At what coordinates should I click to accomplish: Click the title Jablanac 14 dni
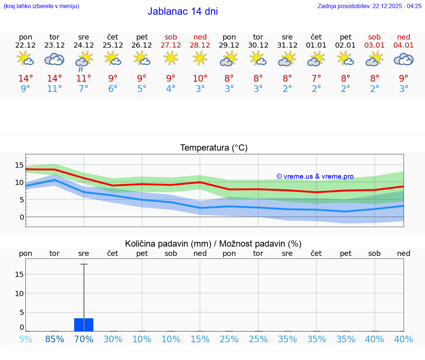click(x=183, y=11)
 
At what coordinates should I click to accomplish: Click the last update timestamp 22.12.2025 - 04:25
click(x=397, y=6)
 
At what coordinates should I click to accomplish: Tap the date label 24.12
click(x=83, y=45)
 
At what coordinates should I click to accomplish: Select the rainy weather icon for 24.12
click(x=84, y=61)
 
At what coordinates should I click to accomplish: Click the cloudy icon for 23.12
click(x=55, y=59)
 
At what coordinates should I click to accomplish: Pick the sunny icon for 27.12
click(x=171, y=58)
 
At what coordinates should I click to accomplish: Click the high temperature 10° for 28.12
click(x=200, y=78)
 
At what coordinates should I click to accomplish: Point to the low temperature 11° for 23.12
click(x=54, y=89)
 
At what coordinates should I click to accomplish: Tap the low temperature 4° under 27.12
click(x=171, y=89)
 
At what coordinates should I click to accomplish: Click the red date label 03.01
click(x=374, y=45)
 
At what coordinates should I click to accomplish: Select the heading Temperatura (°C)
click(x=214, y=148)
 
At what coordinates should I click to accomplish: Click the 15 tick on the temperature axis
click(x=19, y=165)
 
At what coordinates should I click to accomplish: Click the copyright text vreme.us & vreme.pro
click(x=315, y=176)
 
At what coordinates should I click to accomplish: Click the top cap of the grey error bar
click(x=84, y=264)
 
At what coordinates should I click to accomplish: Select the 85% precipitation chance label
click(x=55, y=339)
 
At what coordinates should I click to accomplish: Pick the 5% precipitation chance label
click(x=25, y=339)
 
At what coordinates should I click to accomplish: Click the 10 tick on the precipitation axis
click(x=19, y=294)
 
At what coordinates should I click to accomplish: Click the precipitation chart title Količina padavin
click(x=213, y=244)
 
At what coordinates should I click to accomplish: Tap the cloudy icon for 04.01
click(x=404, y=59)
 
